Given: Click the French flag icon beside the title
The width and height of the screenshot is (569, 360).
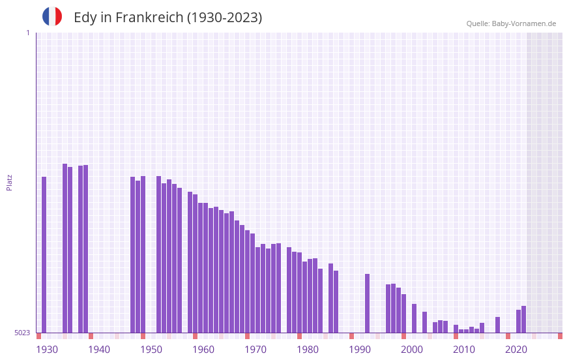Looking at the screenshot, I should [x=52, y=16].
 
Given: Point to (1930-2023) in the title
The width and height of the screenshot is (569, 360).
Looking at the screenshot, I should [x=224, y=18].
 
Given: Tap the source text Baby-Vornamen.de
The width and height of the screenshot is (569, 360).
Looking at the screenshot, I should [x=523, y=23].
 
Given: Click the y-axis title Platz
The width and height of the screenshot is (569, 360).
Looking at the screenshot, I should [x=9, y=182].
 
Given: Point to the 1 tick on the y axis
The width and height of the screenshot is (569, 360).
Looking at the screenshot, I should [x=27, y=33].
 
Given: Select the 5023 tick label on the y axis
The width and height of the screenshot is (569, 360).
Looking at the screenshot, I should [x=22, y=333].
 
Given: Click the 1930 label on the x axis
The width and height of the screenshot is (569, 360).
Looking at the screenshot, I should [x=47, y=350].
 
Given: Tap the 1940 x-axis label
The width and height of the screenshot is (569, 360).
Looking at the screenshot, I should [x=99, y=350].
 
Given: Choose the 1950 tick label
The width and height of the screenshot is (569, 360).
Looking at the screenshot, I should [x=151, y=350].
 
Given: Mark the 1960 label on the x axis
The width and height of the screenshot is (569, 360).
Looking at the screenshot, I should [x=203, y=350].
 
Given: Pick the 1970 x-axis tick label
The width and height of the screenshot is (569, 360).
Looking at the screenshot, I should [x=255, y=350].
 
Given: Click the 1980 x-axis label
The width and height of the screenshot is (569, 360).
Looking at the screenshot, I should [x=308, y=350].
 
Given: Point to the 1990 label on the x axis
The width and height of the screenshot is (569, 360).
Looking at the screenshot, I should [x=360, y=350].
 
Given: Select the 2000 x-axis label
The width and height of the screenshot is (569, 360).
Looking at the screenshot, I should [x=412, y=350].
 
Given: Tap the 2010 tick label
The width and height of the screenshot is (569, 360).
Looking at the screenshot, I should [x=464, y=350].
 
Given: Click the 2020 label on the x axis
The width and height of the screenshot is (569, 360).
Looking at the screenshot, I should [x=516, y=350].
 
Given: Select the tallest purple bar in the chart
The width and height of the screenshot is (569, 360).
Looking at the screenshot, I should [x=65, y=248].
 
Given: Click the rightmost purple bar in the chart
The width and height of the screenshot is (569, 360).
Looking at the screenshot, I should [x=523, y=320].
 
